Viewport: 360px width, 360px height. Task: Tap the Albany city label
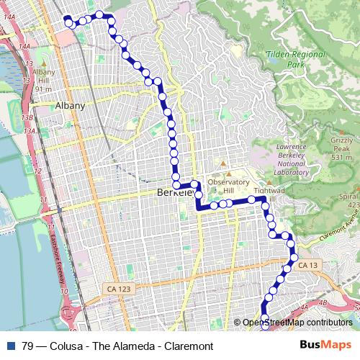tap(70, 105)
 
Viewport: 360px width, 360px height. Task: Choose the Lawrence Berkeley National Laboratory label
tap(292, 159)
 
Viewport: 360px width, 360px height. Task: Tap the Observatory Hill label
tap(228, 186)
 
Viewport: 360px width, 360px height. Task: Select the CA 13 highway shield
tap(307, 266)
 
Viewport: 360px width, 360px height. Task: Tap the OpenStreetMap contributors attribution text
tap(297, 322)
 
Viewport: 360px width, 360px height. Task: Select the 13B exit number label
tap(27, 117)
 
